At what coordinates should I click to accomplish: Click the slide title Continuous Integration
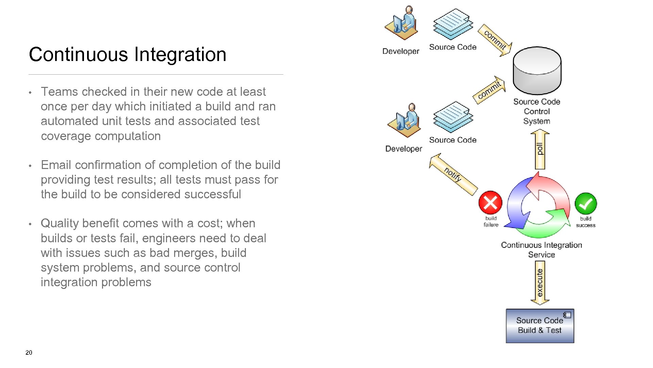point(128,55)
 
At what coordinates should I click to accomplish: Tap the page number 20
point(29,353)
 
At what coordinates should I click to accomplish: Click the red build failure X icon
point(490,203)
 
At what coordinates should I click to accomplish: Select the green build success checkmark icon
point(585,203)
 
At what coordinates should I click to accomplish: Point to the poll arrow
point(540,150)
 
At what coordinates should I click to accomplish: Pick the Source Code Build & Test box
point(540,326)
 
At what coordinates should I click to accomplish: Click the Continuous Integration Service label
point(541,250)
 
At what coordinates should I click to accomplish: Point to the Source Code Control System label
point(537,111)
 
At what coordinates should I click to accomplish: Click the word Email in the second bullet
point(56,165)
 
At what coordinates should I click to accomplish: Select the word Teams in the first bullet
point(60,92)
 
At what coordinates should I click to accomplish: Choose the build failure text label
point(491,221)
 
